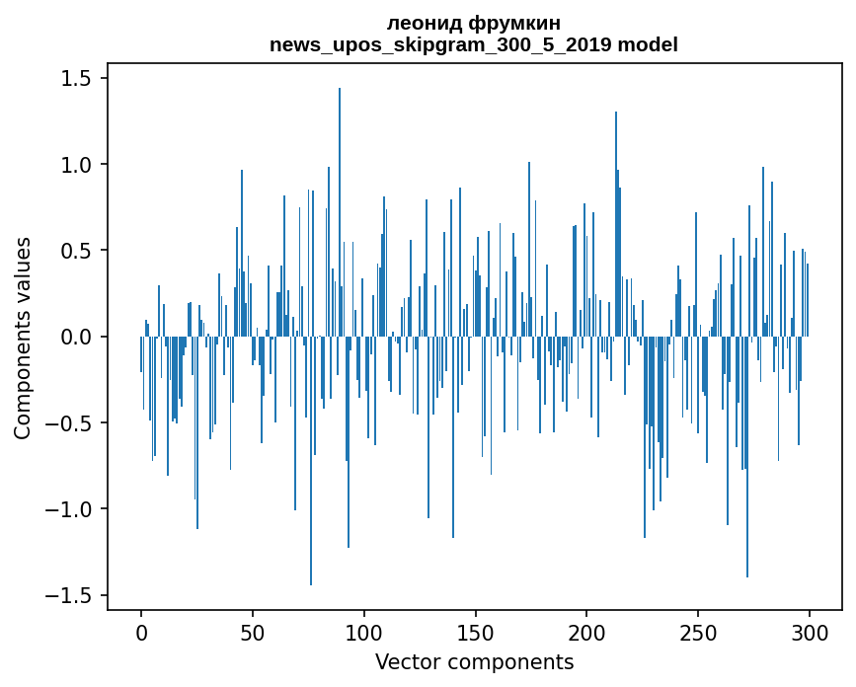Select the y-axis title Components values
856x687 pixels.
23,338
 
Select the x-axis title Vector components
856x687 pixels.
474,661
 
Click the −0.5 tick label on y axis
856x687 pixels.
70,423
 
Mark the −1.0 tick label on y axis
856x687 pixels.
70,510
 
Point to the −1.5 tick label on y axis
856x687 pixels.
70,596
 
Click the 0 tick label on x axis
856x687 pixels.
141,631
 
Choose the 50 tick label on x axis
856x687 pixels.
253,631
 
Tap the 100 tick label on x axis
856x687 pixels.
364,631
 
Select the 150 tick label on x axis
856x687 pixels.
475,631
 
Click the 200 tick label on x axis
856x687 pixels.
586,631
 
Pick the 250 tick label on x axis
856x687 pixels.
698,631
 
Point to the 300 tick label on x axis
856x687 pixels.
810,631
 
